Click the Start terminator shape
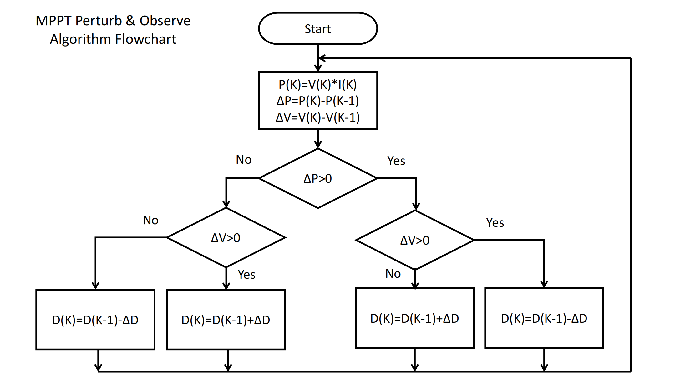point(318,29)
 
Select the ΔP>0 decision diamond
point(318,178)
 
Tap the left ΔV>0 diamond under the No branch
point(226,238)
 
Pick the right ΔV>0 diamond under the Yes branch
point(415,240)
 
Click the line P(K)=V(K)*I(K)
point(318,84)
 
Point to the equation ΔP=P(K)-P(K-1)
point(318,101)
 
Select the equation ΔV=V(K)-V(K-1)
point(318,117)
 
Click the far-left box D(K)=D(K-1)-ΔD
point(95,320)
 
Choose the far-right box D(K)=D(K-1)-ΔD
point(544,318)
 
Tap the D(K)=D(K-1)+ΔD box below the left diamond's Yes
point(226,320)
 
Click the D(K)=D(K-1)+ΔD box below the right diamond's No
point(415,318)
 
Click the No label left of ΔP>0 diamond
point(244,160)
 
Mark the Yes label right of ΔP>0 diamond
point(396,161)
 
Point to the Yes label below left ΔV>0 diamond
point(246,275)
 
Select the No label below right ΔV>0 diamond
point(393,274)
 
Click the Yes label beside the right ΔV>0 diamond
point(495,223)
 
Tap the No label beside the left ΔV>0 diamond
point(150,220)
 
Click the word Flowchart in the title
point(146,39)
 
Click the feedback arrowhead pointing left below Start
point(321,58)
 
